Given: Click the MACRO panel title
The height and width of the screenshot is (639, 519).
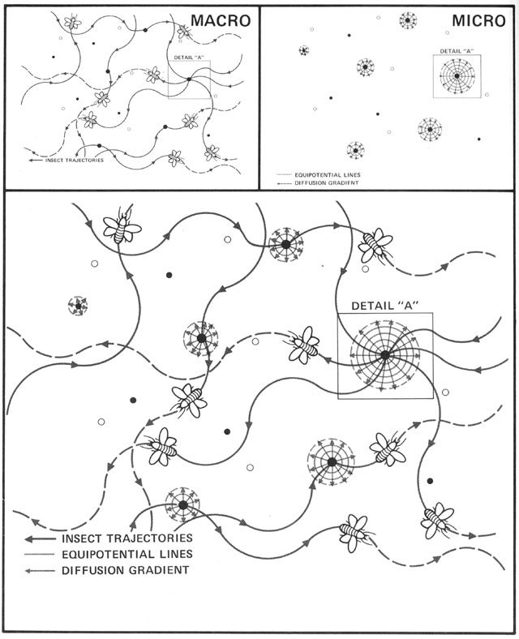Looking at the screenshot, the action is pos(221,20).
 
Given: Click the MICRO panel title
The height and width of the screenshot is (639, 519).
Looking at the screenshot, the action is pos(478,20).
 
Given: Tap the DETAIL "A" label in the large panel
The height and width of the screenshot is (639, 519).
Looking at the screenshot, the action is pos(383,306).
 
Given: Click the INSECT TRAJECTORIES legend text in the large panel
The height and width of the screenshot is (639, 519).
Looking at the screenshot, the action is pos(127,538).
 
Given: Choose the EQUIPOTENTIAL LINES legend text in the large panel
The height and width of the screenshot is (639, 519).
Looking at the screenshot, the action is pos(127,554).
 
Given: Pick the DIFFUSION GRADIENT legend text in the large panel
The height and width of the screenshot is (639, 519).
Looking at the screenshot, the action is pos(126,570).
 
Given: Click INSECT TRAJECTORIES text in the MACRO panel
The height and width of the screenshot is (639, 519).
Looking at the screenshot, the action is pos(74,161).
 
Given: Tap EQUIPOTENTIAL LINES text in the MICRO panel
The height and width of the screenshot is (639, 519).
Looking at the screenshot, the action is pos(328,175).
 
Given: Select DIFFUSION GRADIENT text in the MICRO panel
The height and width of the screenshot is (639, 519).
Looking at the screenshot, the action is pos(327,183).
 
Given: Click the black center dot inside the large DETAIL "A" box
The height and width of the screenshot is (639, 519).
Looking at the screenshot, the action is pos(384,355).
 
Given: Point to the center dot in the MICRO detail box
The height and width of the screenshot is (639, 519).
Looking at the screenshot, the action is pos(457,75).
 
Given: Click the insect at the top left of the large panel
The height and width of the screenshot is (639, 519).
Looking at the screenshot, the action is pos(122,227).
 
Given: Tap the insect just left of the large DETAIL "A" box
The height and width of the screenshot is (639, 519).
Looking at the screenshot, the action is pos(304,345).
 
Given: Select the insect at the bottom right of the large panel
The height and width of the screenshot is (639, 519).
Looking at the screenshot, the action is pos(438,520).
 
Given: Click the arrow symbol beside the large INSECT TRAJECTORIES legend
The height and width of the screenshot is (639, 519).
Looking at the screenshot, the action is pos(40,538).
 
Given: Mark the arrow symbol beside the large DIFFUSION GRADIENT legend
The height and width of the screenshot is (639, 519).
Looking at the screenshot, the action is pos(40,571).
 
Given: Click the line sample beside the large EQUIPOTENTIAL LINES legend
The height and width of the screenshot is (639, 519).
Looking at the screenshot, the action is pos(40,554).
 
